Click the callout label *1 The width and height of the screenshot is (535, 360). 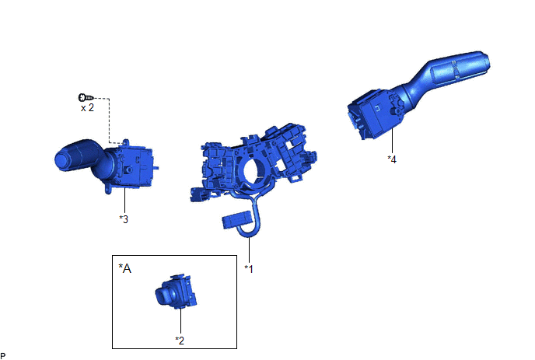coord(249,269)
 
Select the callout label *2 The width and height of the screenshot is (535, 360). coord(180,341)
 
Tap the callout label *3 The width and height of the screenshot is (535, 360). coord(124,219)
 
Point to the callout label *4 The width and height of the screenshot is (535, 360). coord(392,159)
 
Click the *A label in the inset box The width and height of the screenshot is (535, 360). coord(124,268)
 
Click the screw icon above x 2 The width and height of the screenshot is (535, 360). coord(86,98)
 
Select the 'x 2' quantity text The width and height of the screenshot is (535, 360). coord(87,108)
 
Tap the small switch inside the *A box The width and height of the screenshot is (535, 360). coord(176,291)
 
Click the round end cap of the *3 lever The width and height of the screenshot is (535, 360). coord(64,159)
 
